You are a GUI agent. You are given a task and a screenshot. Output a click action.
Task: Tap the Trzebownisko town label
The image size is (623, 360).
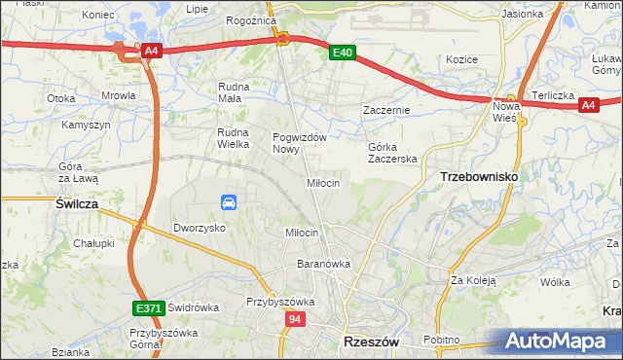(479, 176)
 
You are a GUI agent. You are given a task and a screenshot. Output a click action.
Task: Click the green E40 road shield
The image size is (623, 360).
(340, 54)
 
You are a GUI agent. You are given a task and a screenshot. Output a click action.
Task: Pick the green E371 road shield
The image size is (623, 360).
(148, 308)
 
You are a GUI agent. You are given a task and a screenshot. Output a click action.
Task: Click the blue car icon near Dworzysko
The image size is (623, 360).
(229, 202)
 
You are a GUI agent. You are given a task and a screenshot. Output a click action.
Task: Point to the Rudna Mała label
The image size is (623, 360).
(235, 91)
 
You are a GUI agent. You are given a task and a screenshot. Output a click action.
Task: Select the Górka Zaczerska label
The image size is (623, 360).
(392, 153)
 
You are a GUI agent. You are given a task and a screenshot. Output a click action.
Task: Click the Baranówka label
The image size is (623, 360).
(323, 264)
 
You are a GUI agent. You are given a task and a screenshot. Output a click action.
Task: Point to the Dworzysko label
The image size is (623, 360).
(200, 227)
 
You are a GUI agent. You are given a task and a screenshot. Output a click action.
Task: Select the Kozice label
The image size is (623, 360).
(461, 59)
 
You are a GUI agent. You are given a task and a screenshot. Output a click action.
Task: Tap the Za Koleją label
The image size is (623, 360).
(473, 280)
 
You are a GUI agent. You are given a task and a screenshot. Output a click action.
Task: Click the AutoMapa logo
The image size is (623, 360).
(559, 342)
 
